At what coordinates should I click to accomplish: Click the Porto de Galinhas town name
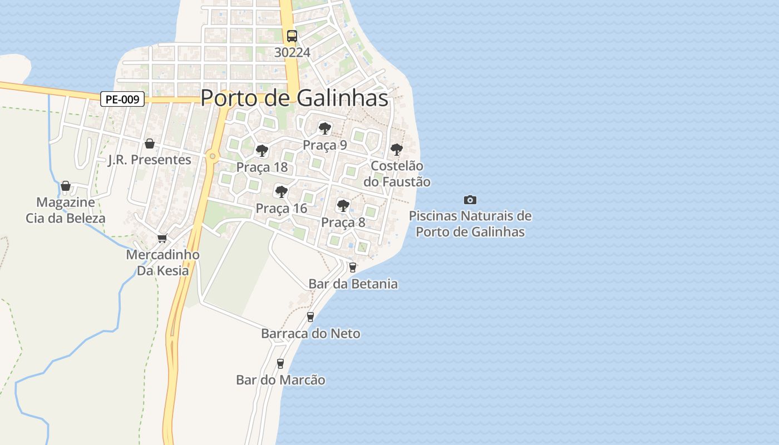click(x=294, y=98)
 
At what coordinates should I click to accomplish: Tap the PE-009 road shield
click(x=122, y=100)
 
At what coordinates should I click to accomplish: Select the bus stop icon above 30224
click(x=292, y=36)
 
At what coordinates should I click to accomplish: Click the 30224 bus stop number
click(x=292, y=52)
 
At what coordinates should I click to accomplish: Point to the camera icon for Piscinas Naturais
click(x=470, y=200)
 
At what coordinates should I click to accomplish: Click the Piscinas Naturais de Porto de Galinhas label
click(x=470, y=224)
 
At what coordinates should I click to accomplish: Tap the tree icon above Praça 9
click(x=324, y=129)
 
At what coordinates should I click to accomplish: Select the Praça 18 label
click(x=262, y=167)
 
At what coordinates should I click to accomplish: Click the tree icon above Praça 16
click(x=282, y=192)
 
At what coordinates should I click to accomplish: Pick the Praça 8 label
click(x=343, y=222)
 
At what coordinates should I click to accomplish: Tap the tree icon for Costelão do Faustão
click(x=396, y=149)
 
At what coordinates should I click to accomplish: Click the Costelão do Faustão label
click(x=397, y=174)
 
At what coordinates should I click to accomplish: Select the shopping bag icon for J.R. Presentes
click(x=149, y=144)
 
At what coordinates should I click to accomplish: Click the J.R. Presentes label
click(x=149, y=160)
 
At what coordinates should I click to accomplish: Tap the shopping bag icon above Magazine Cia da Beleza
click(x=66, y=186)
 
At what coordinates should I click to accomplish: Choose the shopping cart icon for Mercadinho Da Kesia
click(x=162, y=238)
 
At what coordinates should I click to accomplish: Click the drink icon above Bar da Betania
click(x=352, y=267)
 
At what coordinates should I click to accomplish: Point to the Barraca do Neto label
click(x=310, y=334)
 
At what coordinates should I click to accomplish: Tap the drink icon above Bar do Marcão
click(x=280, y=364)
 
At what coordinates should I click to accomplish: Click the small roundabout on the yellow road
click(x=212, y=156)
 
